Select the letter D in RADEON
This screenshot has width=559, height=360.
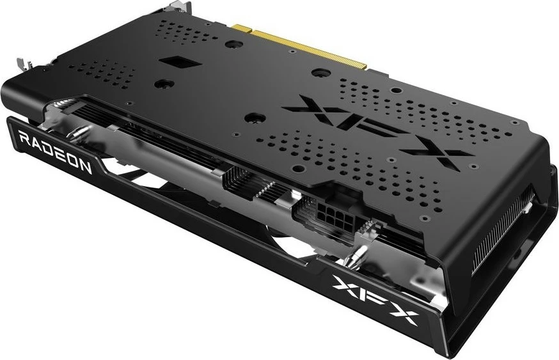(x=49, y=149)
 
